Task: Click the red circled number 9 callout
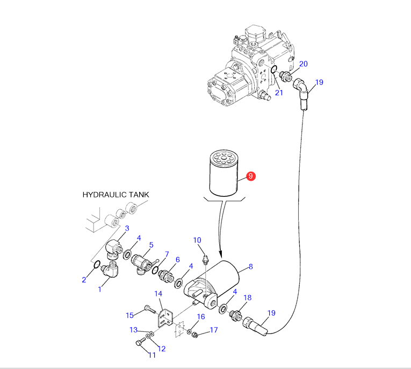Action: (250, 176)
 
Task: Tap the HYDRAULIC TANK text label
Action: (116, 195)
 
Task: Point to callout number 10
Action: (197, 240)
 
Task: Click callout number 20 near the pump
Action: (303, 64)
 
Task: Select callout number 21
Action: (279, 93)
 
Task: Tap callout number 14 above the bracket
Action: (158, 294)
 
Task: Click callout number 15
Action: (129, 315)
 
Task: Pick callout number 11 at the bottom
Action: (152, 355)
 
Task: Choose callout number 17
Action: (213, 330)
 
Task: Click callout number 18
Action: (248, 297)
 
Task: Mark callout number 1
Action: (99, 289)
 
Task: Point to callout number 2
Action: (84, 279)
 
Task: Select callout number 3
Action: (127, 228)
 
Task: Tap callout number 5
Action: (151, 245)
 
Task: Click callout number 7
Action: (167, 254)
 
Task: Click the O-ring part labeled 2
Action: (97, 265)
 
